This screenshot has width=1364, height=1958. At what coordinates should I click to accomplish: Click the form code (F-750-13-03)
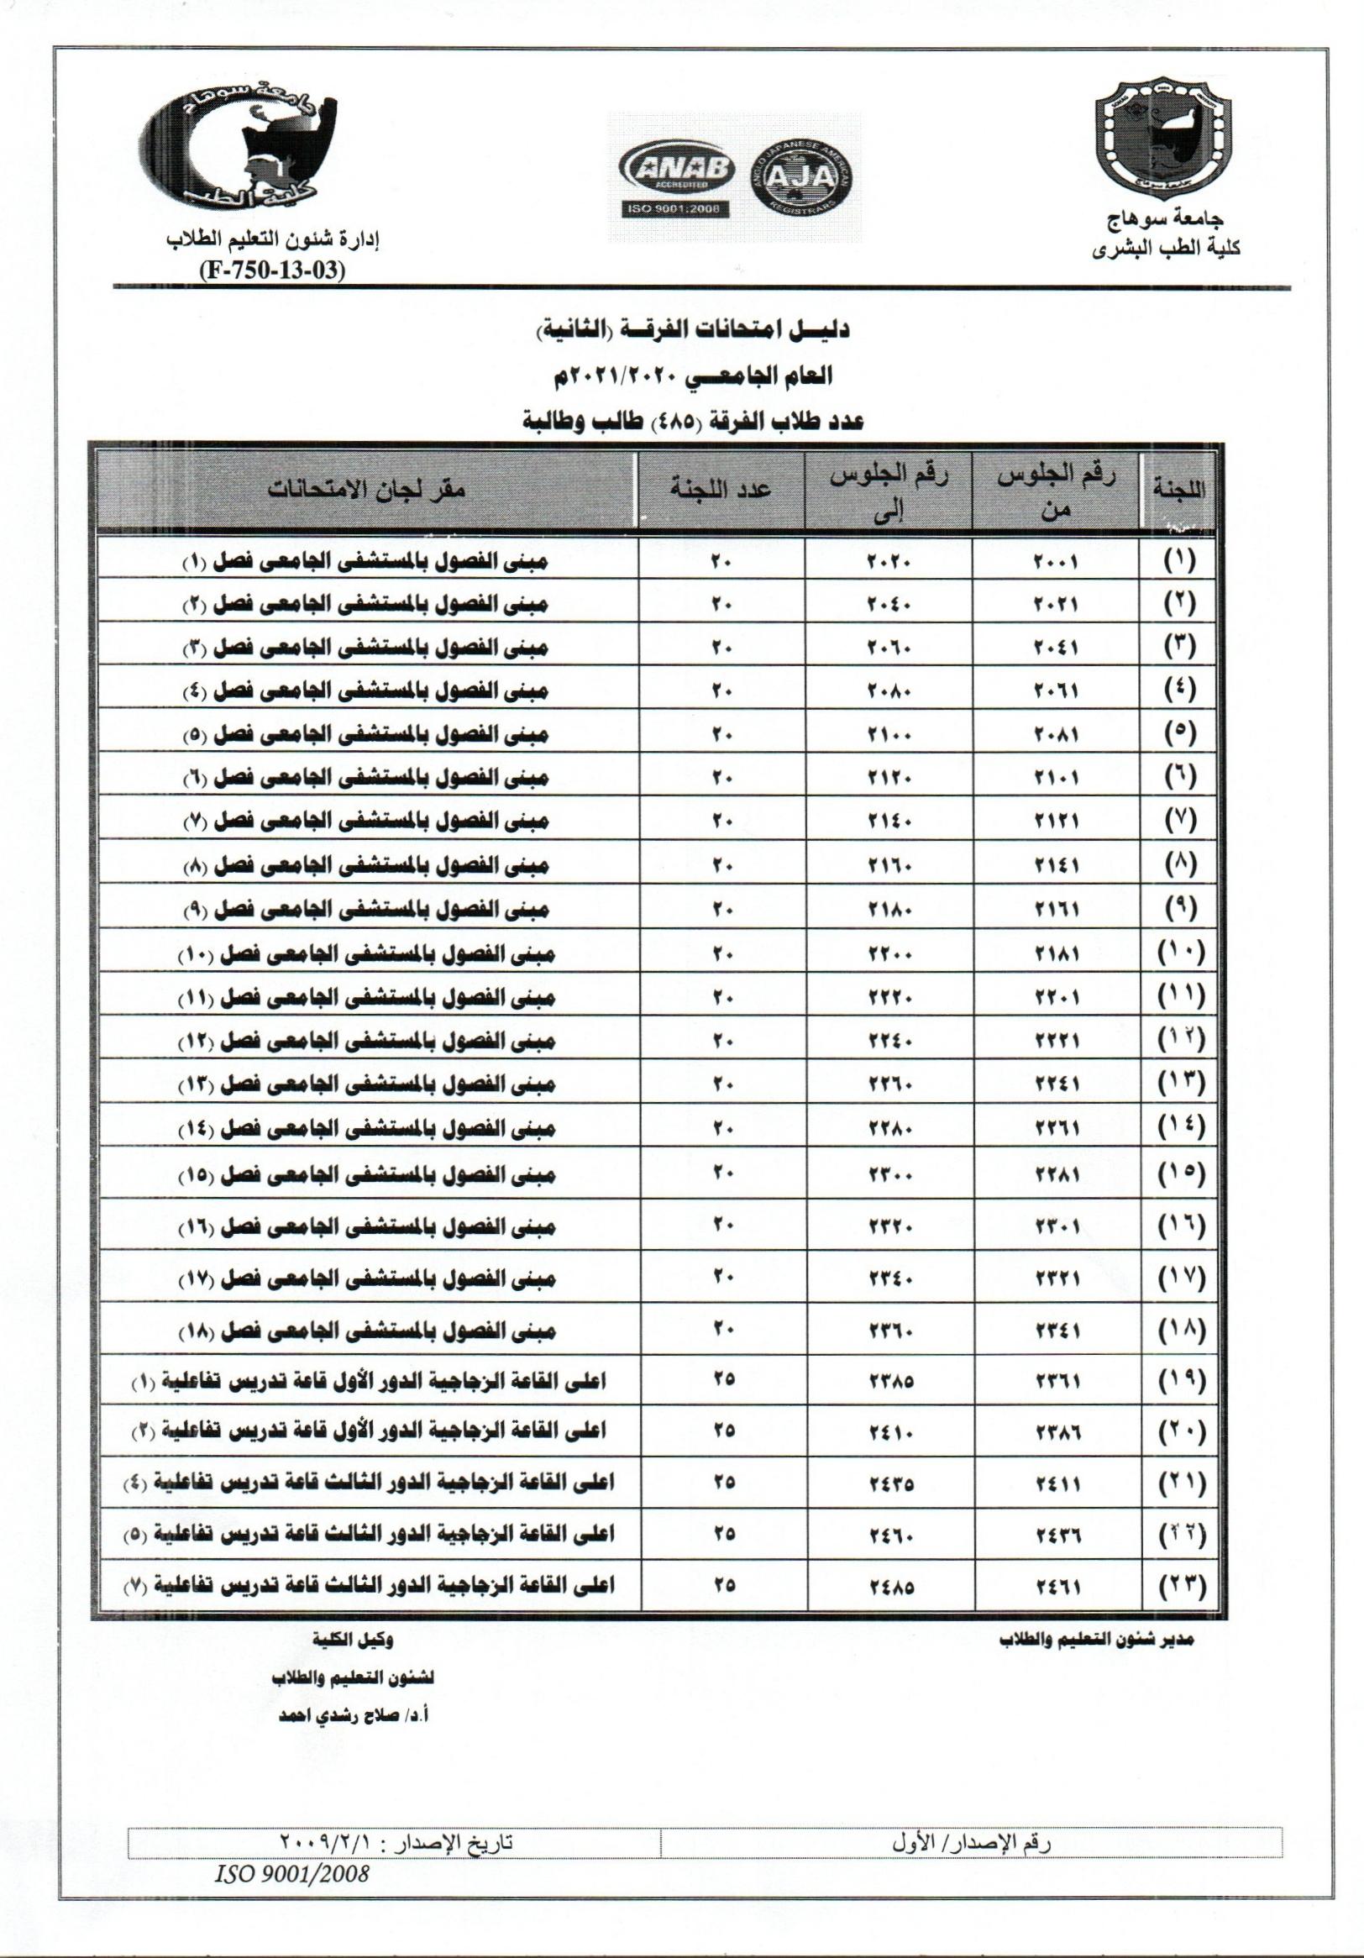(x=272, y=270)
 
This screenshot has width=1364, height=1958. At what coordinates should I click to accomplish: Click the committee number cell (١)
(x=1180, y=560)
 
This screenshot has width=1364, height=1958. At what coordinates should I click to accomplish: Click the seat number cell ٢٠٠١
(x=1057, y=562)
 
